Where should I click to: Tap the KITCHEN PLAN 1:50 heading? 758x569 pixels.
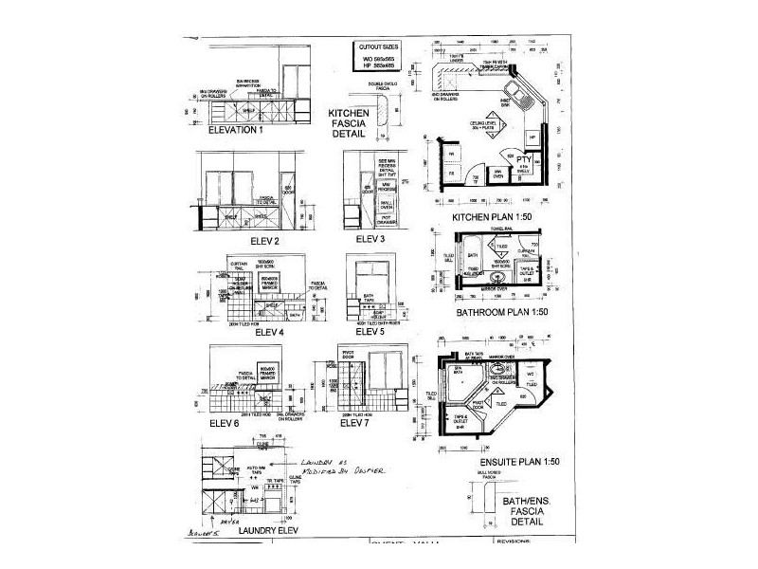pyautogui.click(x=493, y=217)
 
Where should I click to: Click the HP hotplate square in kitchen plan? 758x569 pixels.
pyautogui.click(x=532, y=138)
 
